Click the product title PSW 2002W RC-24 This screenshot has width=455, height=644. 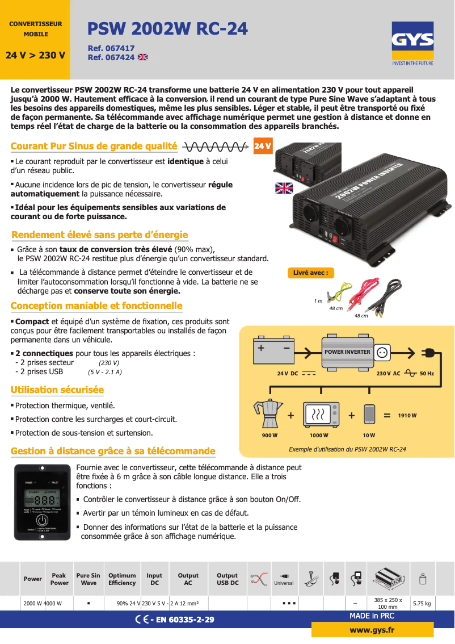[x=167, y=29]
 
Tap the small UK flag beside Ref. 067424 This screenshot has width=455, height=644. [x=143, y=57]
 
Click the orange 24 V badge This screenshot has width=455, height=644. [x=262, y=147]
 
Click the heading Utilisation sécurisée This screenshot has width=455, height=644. [x=57, y=390]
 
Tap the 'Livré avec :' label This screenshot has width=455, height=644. [x=310, y=273]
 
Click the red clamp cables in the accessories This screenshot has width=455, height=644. [x=364, y=291]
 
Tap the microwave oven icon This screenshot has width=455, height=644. [x=321, y=415]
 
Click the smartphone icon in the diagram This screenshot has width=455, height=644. [x=369, y=414]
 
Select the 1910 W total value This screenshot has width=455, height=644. [x=407, y=416]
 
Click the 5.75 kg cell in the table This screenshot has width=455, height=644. [x=422, y=603]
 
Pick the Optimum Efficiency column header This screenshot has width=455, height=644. [x=122, y=579]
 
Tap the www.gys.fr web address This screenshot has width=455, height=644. [x=372, y=630]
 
